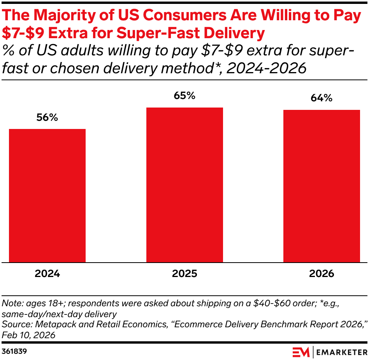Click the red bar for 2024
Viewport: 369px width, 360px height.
47,196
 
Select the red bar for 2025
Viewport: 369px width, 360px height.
184,185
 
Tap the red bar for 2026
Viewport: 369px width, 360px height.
322,186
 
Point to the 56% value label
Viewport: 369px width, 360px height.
47,118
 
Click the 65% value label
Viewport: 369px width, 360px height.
184,96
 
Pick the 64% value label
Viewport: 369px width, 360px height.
322,98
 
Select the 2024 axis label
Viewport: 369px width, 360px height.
47,274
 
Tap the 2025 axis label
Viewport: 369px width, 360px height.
184,274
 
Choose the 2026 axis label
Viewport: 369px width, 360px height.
322,274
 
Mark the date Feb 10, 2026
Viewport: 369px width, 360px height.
28,335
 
